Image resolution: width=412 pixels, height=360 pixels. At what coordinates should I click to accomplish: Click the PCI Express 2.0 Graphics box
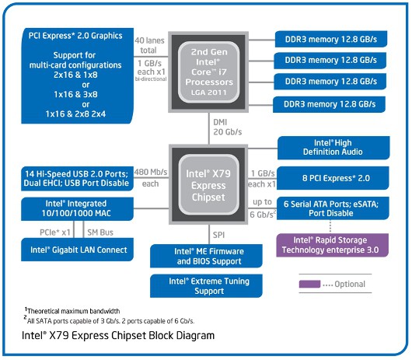(x=75, y=75)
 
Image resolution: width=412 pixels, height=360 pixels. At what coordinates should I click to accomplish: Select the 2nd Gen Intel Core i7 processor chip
(x=208, y=69)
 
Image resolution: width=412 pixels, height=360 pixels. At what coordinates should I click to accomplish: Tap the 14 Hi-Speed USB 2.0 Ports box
(x=75, y=178)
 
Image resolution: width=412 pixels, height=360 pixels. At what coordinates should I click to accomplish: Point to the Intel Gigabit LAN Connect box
(x=75, y=249)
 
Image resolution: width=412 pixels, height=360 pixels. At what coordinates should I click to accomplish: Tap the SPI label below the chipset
(x=219, y=233)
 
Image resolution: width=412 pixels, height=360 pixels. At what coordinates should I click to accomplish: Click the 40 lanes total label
(x=151, y=44)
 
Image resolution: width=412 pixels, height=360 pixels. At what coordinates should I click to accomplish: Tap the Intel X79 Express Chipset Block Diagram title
(x=118, y=337)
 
